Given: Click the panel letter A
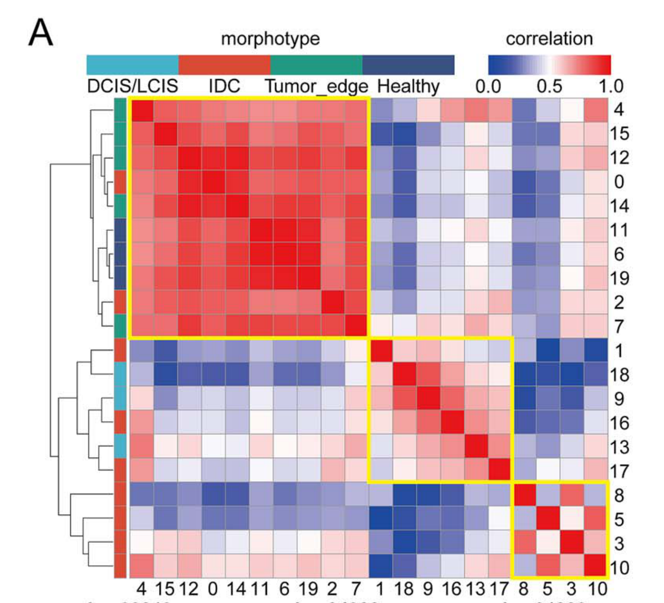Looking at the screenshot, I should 40,33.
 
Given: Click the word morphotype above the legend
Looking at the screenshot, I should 270,39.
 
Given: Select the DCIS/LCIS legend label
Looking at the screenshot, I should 133,86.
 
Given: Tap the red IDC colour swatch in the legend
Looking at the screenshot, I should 224,65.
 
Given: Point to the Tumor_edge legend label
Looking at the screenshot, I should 316,86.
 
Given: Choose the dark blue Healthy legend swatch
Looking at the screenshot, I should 408,65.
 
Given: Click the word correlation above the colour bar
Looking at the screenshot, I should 549,39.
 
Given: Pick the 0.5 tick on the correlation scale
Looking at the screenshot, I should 549,86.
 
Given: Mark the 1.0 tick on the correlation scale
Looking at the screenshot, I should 611,86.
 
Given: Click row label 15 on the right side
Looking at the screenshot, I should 619,134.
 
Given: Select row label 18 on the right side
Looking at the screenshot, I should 619,375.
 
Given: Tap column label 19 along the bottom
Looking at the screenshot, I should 309,589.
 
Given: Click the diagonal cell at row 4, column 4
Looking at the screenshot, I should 141,110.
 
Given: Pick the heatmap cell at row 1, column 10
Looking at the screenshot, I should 596,351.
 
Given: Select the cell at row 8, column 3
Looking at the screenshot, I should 572,495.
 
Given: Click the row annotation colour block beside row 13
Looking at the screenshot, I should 120,447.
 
